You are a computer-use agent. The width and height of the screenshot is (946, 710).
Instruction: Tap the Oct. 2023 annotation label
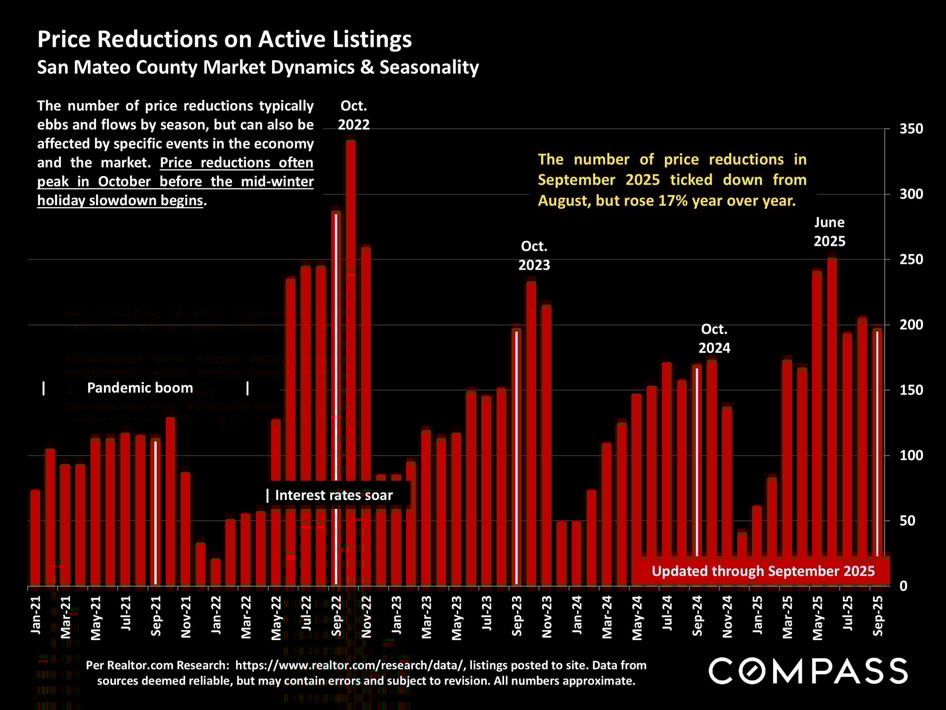(534, 255)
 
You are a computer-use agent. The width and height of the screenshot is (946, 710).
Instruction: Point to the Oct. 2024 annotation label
(714, 338)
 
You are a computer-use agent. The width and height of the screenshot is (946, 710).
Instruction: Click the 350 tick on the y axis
(911, 129)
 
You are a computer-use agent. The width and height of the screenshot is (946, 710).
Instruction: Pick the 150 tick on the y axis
(911, 390)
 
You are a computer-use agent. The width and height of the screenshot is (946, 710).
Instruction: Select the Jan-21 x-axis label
(35, 614)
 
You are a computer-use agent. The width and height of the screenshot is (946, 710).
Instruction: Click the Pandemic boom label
(140, 388)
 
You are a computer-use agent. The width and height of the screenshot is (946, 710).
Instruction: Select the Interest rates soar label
(334, 495)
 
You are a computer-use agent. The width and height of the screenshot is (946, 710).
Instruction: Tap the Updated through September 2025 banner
(763, 571)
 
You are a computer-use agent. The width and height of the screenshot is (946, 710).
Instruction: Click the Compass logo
(808, 671)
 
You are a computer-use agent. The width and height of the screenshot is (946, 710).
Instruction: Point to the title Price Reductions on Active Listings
(225, 39)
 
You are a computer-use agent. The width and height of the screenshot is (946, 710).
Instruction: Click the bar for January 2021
(35, 537)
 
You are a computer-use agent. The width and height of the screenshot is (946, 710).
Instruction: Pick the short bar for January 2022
(216, 572)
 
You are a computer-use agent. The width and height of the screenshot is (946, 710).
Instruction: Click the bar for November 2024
(727, 493)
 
